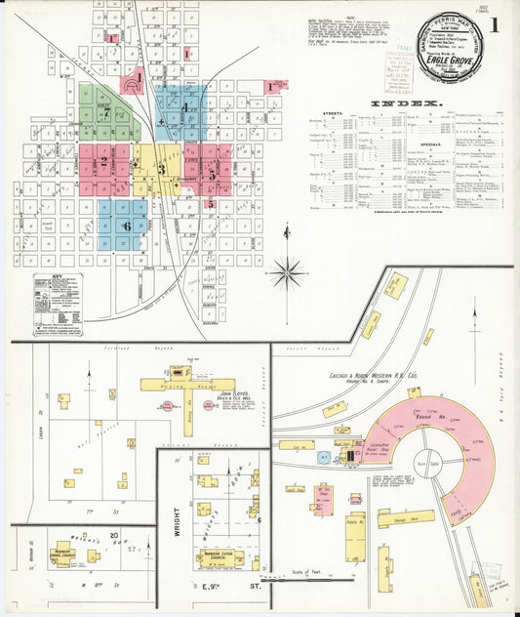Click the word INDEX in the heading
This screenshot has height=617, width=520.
click(406, 103)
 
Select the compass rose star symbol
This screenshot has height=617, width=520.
click(287, 272)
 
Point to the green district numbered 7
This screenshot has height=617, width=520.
click(105, 111)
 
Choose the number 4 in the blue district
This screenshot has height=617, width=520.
click(183, 106)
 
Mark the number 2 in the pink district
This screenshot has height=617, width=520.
click(103, 162)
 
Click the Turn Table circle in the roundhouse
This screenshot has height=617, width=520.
click(427, 462)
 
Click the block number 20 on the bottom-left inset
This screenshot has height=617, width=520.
click(114, 535)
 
